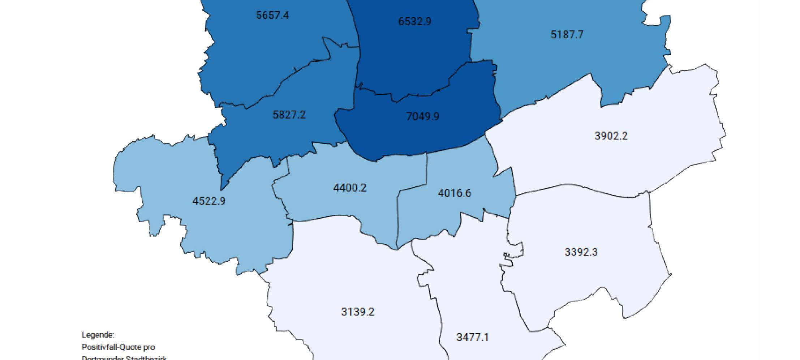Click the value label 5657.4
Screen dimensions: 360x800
pyautogui.click(x=272, y=16)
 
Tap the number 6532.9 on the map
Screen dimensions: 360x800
pyautogui.click(x=414, y=22)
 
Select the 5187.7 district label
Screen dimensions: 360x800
pyautogui.click(x=567, y=35)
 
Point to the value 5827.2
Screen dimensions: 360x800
pyautogui.click(x=289, y=115)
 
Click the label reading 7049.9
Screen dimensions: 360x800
pyautogui.click(x=422, y=116)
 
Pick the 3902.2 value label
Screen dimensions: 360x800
pyautogui.click(x=611, y=136)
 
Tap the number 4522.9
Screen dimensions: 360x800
pyautogui.click(x=208, y=201)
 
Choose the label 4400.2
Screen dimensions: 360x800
pyautogui.click(x=349, y=188)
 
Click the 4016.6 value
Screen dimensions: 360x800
pyautogui.click(x=454, y=193)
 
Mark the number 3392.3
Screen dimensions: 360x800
pyautogui.click(x=581, y=252)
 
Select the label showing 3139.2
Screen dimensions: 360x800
pyautogui.click(x=357, y=312)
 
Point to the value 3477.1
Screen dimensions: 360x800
pyautogui.click(x=472, y=338)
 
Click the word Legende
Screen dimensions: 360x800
pyautogui.click(x=98, y=335)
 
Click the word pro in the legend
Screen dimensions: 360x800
pyautogui.click(x=149, y=347)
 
